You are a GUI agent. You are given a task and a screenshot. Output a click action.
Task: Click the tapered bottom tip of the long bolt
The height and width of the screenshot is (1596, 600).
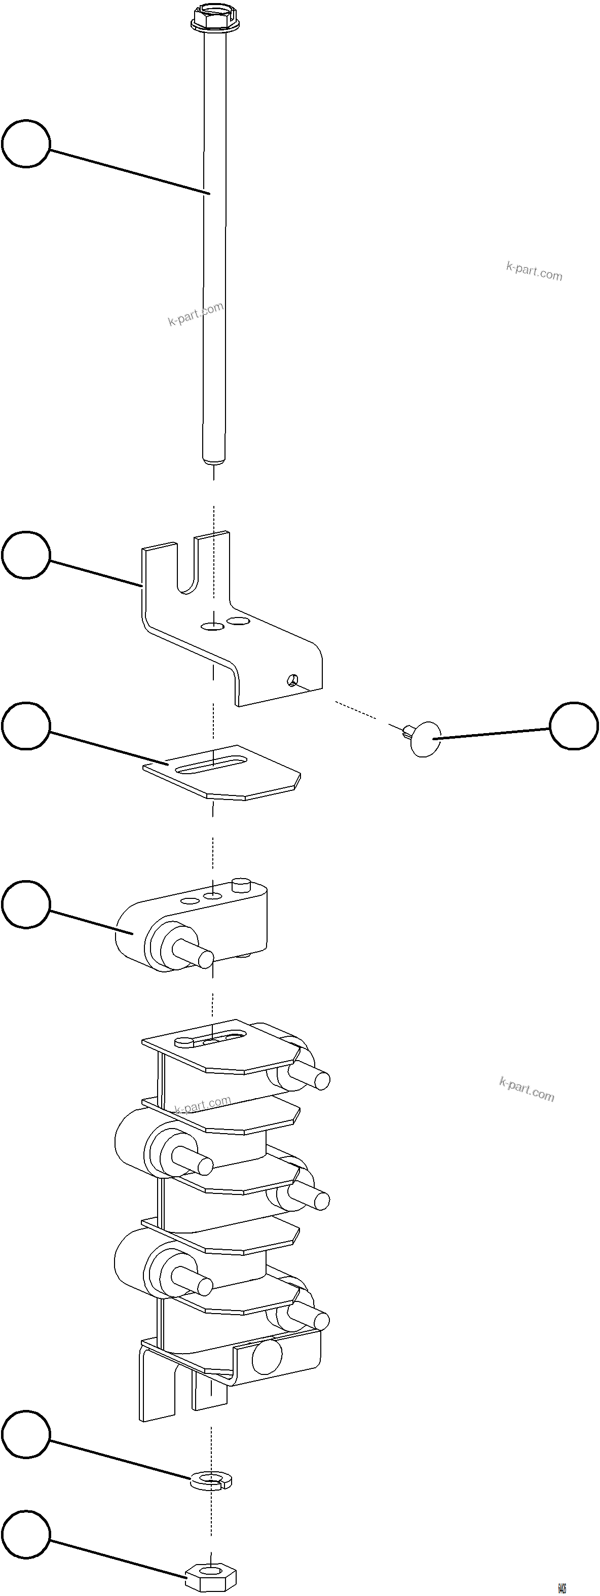214,460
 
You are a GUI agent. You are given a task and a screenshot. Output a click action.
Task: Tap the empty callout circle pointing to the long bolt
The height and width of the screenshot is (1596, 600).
26,144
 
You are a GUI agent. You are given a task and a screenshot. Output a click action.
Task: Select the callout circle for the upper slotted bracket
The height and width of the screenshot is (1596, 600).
26,555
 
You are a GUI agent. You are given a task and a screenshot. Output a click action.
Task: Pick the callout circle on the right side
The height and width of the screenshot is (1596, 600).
574,726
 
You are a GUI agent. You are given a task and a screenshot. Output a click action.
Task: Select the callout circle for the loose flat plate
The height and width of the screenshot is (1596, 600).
26,726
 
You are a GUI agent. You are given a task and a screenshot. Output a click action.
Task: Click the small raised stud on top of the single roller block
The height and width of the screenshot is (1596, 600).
240,884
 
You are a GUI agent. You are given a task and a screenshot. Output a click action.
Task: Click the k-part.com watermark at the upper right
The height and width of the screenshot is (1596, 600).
534,271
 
